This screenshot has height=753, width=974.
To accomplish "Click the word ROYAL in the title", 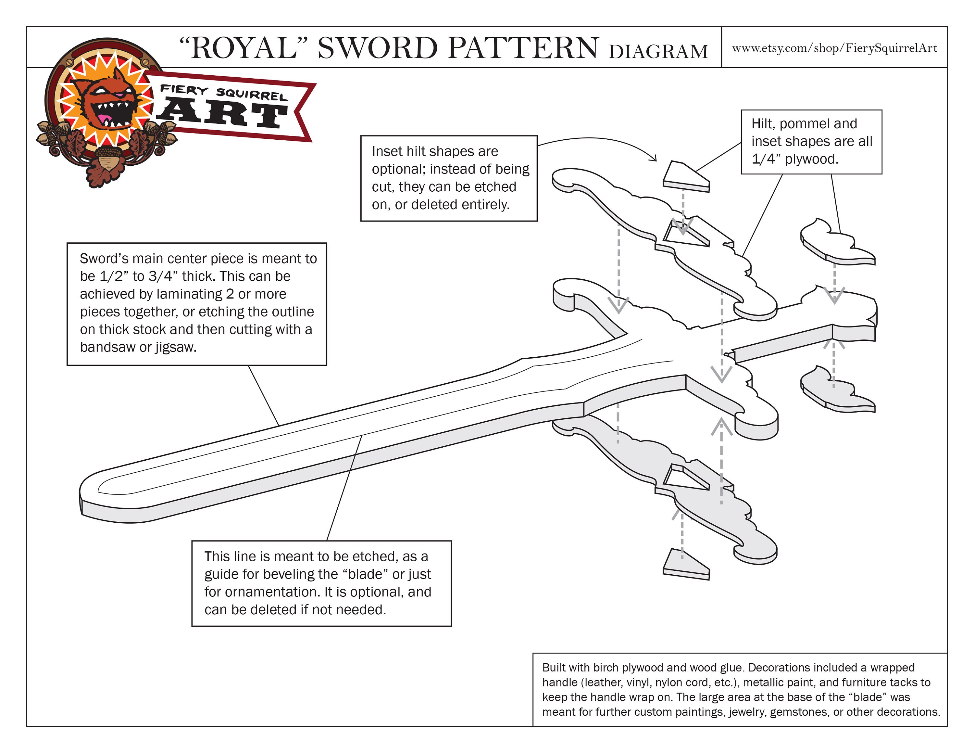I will (243, 48).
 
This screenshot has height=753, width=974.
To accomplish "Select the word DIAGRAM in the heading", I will (658, 52).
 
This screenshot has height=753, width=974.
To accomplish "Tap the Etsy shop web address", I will (834, 48).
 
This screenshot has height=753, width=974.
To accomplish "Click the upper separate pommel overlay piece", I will (834, 243).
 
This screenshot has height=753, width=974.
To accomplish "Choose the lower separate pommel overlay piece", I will (834, 390).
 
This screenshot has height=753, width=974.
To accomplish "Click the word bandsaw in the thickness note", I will (107, 347).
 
